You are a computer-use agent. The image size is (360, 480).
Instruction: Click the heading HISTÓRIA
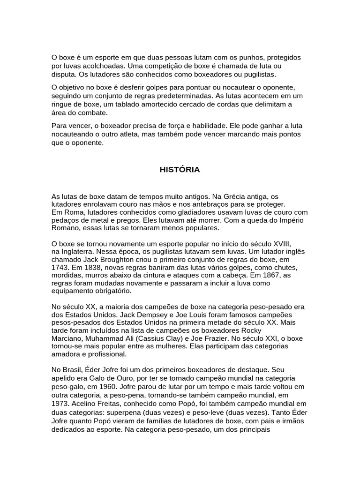[180, 170]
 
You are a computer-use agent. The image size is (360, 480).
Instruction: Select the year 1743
[60, 267]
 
